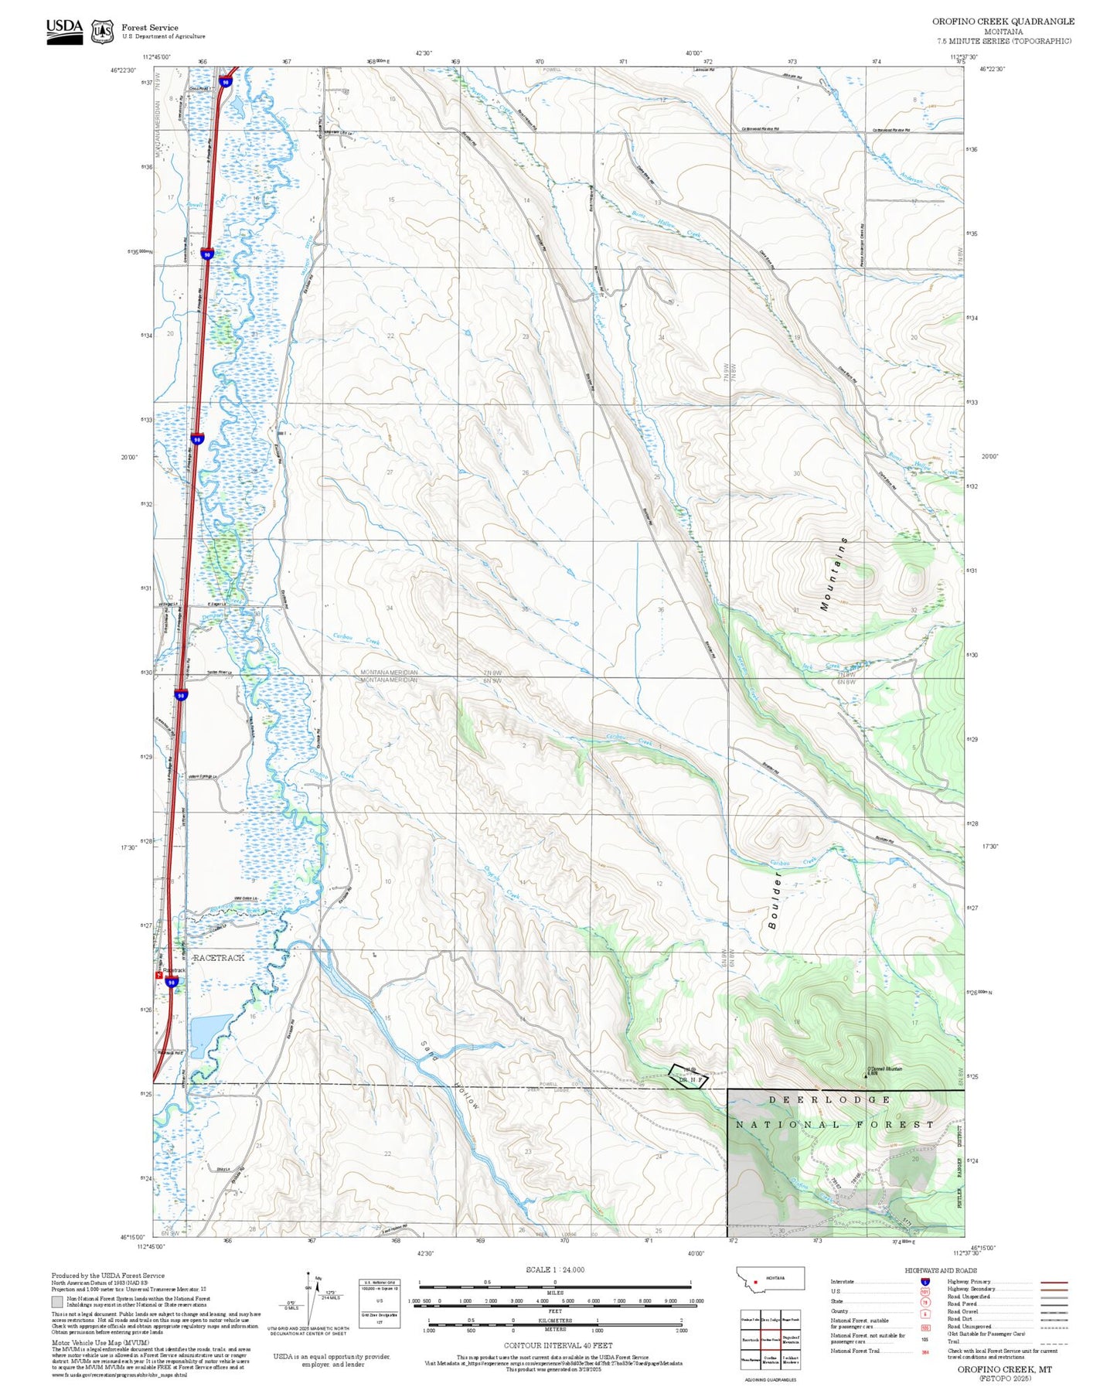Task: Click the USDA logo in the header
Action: pos(64,31)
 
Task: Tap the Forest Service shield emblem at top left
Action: pos(102,32)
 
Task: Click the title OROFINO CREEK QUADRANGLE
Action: pos(1003,22)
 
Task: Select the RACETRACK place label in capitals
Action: pos(219,957)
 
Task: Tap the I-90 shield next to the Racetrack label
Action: pos(172,982)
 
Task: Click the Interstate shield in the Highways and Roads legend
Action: pos(925,1281)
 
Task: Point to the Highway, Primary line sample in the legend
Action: pos(1054,1282)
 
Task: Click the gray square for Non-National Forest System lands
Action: pos(57,1301)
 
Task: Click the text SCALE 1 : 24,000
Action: pos(555,1269)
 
